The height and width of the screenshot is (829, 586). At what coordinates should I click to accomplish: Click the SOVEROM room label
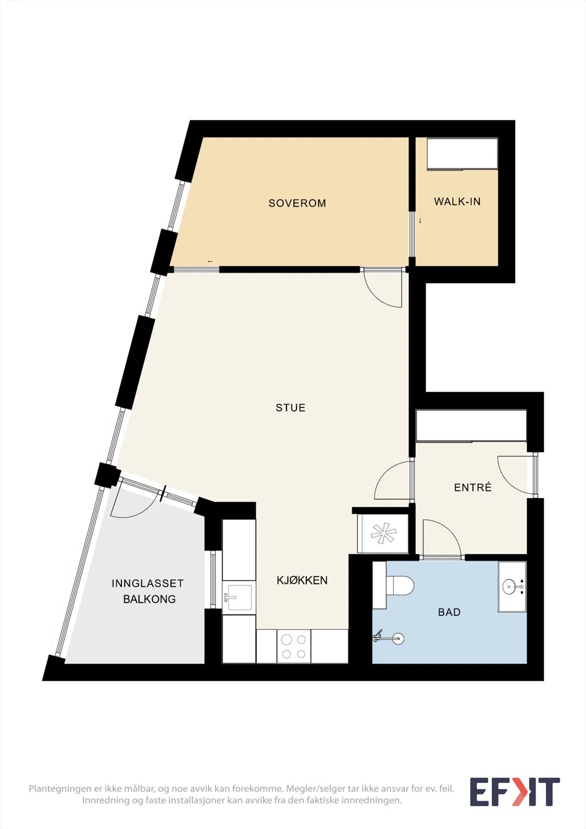(297, 203)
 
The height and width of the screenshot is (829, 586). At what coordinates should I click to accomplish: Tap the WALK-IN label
(457, 202)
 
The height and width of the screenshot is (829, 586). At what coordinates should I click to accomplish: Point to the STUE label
(291, 408)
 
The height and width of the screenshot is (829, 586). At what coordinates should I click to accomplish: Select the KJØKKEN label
(302, 580)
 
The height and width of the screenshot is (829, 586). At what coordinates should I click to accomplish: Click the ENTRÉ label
(473, 487)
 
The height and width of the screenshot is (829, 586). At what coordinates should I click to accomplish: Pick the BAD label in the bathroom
(449, 612)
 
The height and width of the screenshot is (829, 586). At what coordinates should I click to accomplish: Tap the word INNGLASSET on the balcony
(148, 583)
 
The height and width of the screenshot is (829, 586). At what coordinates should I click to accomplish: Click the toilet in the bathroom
(399, 585)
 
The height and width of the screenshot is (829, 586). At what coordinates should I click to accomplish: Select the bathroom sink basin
(511, 586)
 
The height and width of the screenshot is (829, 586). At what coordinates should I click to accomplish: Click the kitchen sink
(239, 597)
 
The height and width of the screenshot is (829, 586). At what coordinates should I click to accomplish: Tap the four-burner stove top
(294, 646)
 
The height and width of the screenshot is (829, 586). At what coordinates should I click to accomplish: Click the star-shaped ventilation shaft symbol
(383, 533)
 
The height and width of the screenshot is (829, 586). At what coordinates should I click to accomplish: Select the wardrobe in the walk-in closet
(462, 154)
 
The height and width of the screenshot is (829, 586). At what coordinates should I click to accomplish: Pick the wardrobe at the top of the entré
(471, 425)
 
